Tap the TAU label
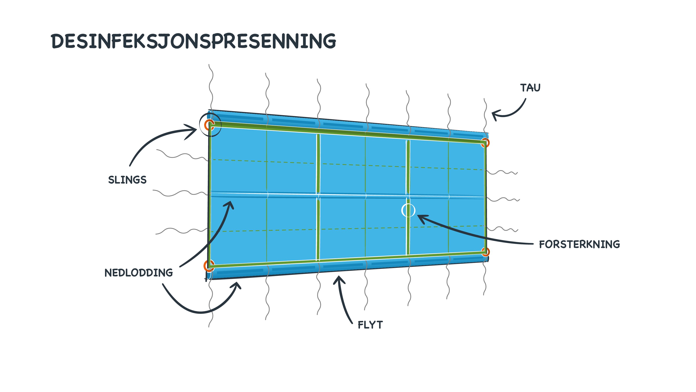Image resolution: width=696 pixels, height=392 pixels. [530, 88]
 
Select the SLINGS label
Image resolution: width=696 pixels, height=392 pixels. [127, 180]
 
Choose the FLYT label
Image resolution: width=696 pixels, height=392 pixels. [370, 325]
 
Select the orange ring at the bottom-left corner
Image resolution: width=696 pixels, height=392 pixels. [209, 265]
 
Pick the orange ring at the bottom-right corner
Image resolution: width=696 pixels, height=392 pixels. [486, 252]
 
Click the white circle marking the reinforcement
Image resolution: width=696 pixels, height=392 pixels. [408, 210]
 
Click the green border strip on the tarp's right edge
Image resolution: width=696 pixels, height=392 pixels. [486, 197]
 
